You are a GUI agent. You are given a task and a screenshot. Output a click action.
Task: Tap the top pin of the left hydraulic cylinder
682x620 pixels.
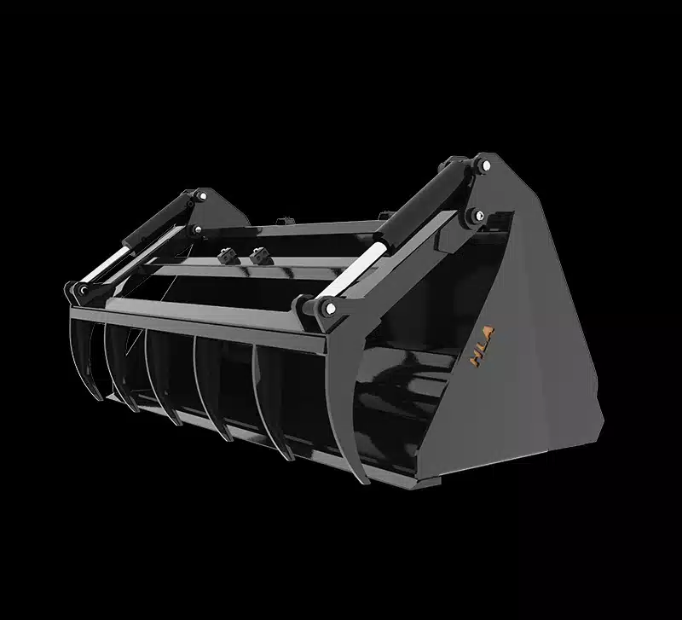200,197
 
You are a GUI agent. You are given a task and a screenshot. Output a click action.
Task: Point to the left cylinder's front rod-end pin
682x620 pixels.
84,292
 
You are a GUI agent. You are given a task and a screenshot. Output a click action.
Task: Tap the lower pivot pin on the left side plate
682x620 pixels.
194,229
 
